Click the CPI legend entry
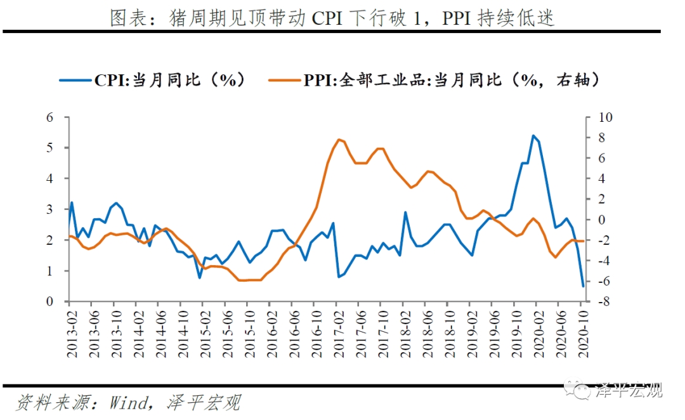(152, 80)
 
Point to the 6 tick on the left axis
(49, 117)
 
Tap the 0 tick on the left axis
(49, 301)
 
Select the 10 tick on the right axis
(607, 117)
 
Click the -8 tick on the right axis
(606, 301)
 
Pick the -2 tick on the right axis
(606, 240)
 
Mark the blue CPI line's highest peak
(533, 136)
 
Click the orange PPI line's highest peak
(338, 139)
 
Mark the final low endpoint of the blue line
(583, 286)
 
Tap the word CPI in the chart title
(329, 18)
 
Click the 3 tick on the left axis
(49, 209)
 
